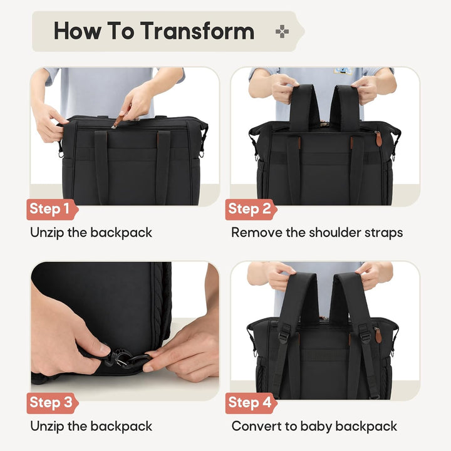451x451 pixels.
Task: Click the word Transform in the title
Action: (197, 31)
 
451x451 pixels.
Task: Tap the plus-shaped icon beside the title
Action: (282, 31)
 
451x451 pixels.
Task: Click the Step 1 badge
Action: (52, 209)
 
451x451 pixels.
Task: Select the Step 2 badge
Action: (251, 209)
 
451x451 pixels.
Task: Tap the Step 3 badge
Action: (52, 403)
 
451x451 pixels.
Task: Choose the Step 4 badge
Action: (251, 403)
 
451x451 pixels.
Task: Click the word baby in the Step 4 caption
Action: (316, 427)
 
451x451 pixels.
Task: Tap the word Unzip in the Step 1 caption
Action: (47, 233)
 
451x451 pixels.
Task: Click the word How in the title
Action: (78, 31)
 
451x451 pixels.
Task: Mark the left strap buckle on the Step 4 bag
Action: (284, 333)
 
